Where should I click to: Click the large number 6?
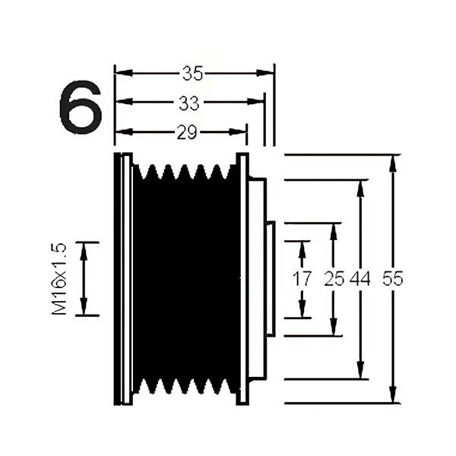[x=80, y=109]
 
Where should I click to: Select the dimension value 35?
[x=192, y=73]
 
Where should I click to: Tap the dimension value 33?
[x=188, y=102]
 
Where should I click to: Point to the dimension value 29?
[x=186, y=132]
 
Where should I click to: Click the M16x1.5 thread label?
[x=60, y=278]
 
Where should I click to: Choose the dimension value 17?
[x=302, y=279]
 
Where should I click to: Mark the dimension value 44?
[x=360, y=279]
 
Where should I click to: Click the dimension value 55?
[x=392, y=279]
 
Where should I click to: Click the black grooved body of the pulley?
[x=186, y=281]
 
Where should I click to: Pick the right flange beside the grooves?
[x=242, y=280]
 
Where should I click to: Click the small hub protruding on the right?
[x=269, y=280]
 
